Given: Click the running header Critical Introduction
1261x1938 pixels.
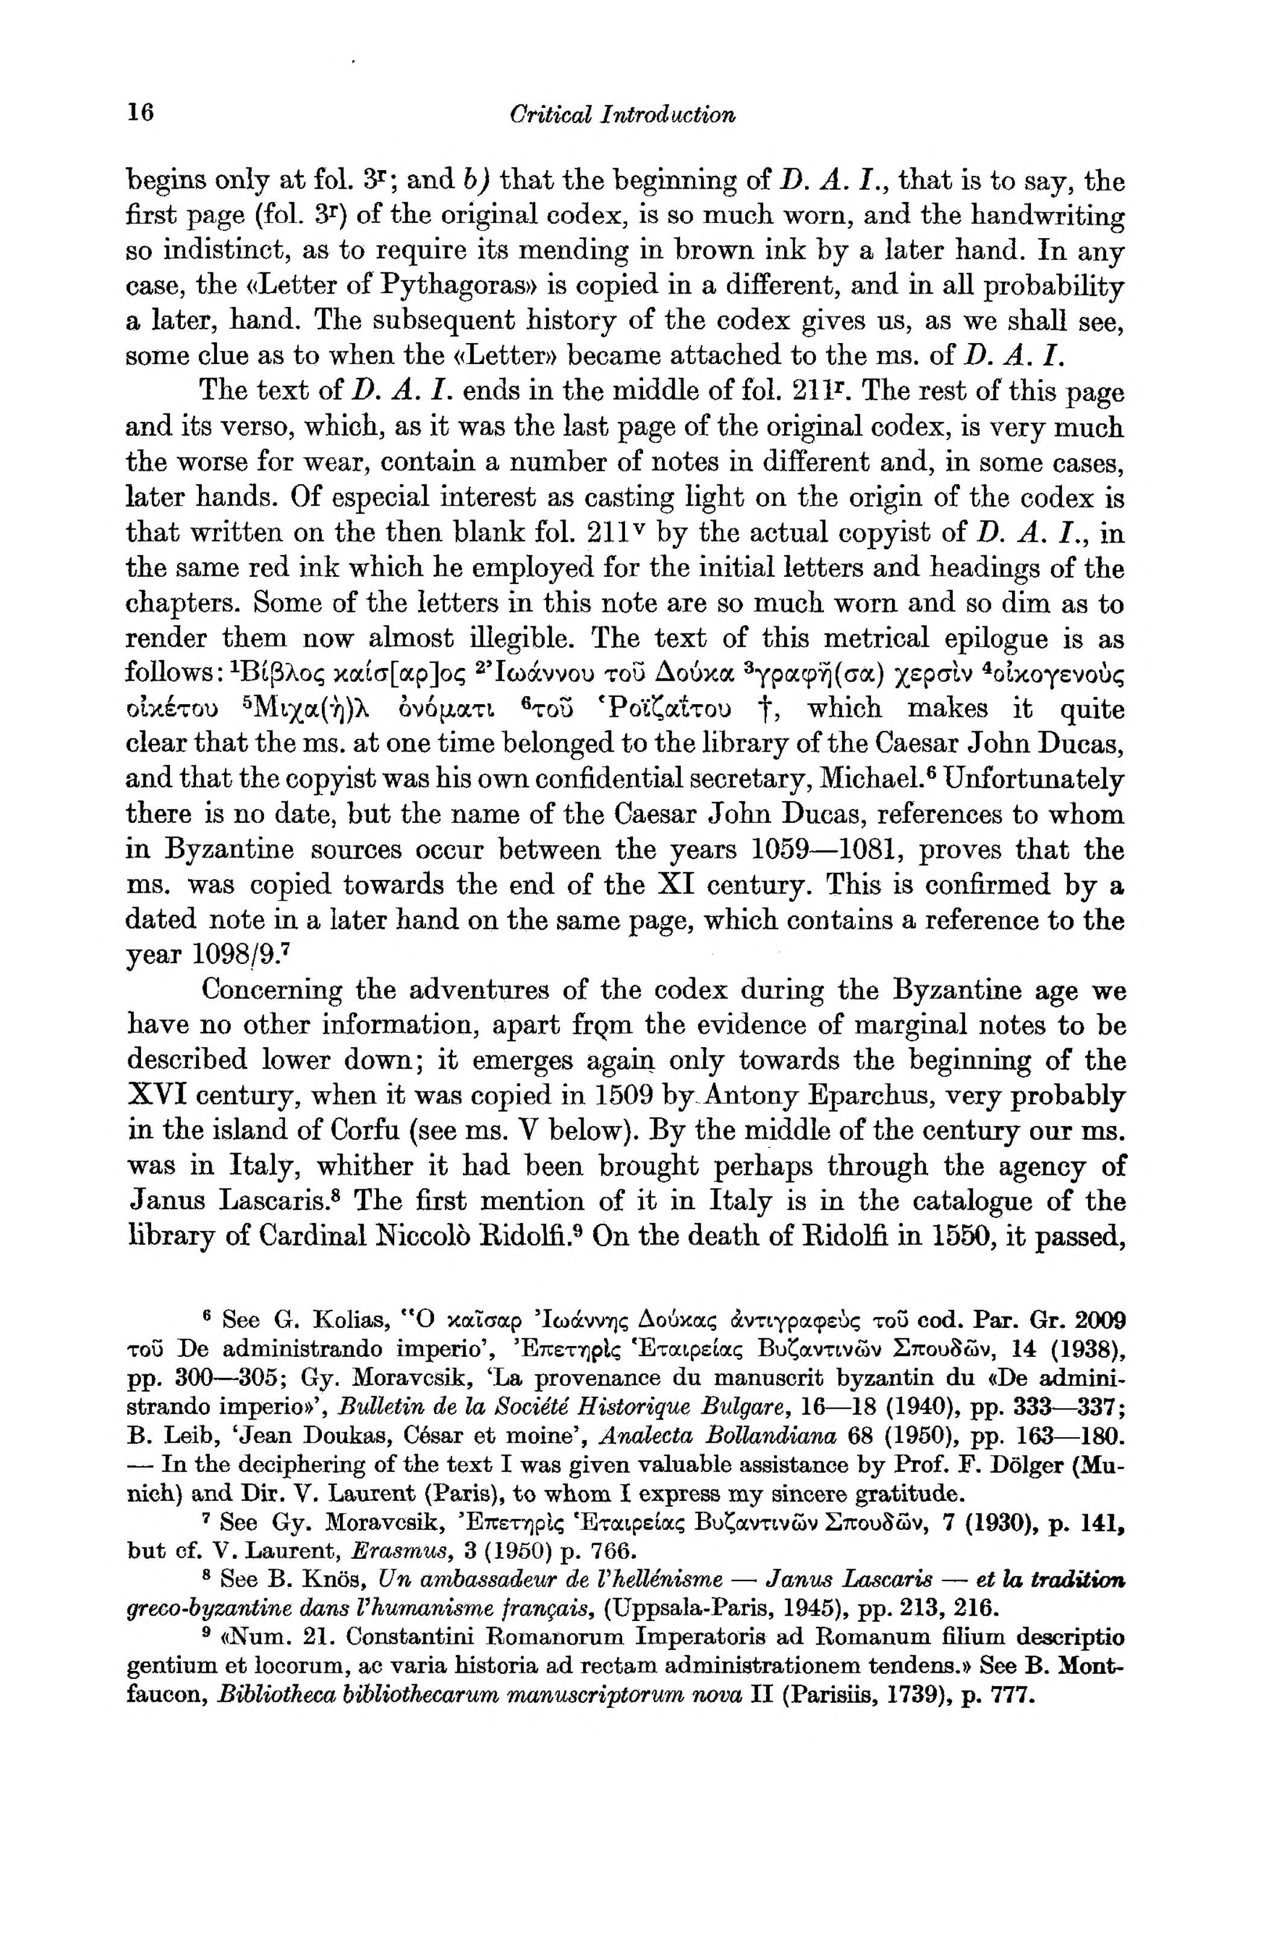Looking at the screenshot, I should tap(622, 114).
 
